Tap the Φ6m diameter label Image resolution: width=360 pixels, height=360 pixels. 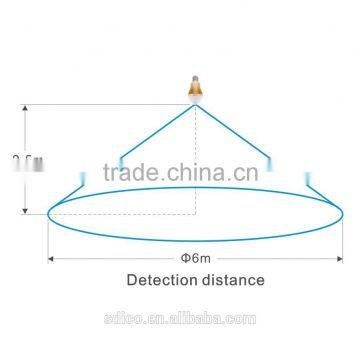195,260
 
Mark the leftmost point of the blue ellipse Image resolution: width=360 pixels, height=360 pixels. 49,213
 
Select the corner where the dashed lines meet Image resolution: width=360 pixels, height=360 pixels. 195,213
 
